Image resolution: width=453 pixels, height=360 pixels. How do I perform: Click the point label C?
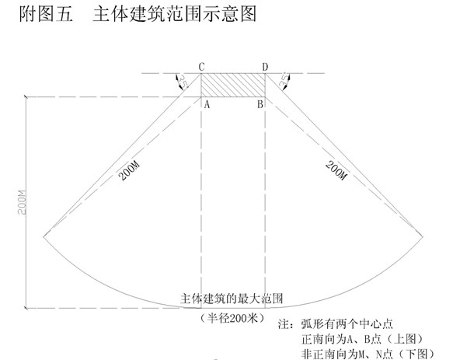point(202,67)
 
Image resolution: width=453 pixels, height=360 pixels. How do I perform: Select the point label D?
point(265,67)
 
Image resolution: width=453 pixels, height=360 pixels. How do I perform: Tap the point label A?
point(207,104)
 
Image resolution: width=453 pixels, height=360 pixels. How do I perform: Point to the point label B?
point(260,104)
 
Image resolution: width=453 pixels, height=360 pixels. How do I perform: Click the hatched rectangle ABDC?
point(233,86)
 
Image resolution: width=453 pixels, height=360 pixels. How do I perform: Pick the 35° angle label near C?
point(182,82)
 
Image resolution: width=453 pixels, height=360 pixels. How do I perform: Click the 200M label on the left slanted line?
point(129,171)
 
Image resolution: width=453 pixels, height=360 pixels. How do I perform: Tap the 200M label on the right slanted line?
point(336,170)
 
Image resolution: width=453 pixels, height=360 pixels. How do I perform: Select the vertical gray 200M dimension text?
point(22,202)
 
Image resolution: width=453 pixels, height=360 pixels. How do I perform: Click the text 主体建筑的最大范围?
point(232,299)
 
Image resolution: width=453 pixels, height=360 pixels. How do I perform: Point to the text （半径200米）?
point(232,318)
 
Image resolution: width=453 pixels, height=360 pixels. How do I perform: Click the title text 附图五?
point(46,14)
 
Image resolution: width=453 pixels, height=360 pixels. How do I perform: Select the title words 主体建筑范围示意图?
point(175,14)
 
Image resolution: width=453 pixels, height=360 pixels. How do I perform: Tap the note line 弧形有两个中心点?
point(347,324)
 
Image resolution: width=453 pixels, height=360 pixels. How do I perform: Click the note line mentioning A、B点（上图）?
point(363,339)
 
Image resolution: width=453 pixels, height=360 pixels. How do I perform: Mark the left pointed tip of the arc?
point(44,236)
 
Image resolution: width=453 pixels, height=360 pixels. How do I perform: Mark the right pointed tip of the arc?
point(423,236)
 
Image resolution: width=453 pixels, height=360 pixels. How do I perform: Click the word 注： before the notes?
point(287,324)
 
